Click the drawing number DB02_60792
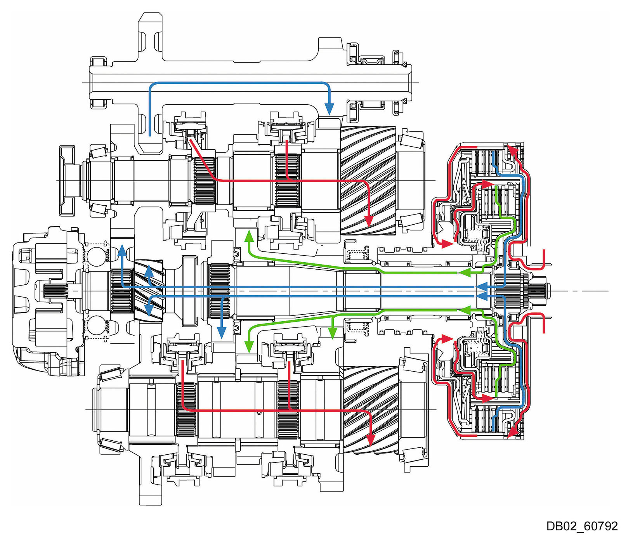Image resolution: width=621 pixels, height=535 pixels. (x=582, y=526)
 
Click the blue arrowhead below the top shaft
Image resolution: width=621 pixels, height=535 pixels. (x=329, y=109)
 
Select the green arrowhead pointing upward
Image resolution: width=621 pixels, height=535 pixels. (x=248, y=235)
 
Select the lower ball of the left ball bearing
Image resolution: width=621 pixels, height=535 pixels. (x=96, y=325)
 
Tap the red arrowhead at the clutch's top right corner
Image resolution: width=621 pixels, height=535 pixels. (x=513, y=149)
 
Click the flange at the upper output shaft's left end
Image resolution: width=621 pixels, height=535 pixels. (x=66, y=180)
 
